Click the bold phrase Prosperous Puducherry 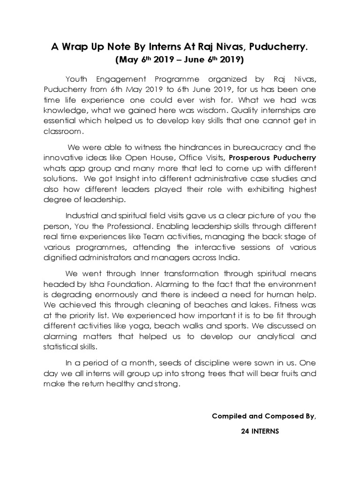(276, 158)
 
